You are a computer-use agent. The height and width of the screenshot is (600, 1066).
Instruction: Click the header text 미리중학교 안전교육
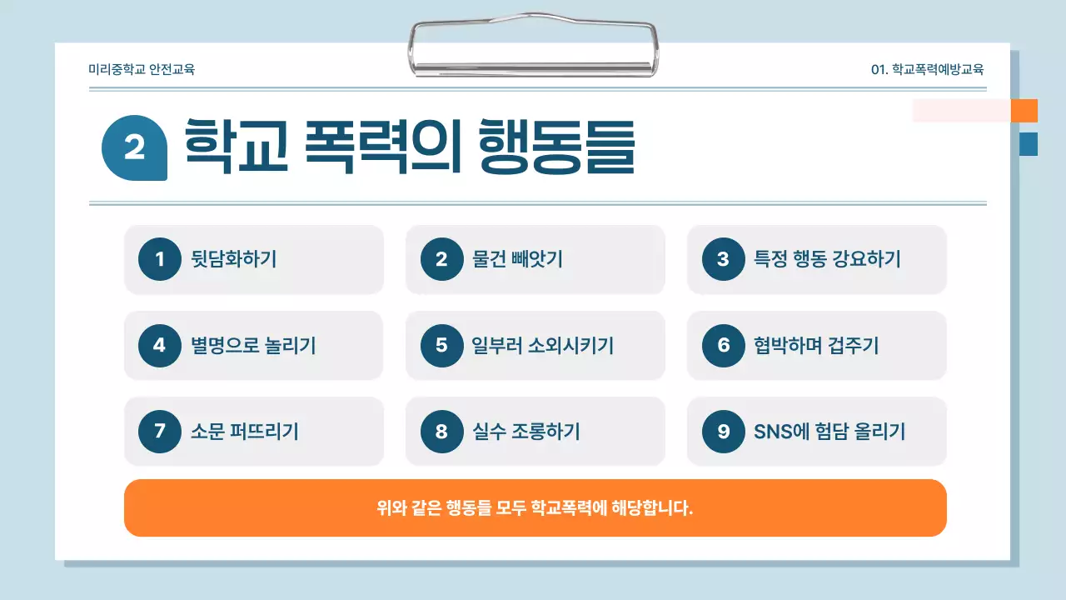142,70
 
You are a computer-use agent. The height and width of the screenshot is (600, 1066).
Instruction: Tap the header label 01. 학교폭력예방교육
927,70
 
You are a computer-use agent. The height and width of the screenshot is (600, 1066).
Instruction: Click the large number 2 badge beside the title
134,147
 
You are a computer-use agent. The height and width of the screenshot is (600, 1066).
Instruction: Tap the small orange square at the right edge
1024,111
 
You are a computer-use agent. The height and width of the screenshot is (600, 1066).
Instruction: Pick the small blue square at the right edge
1029,144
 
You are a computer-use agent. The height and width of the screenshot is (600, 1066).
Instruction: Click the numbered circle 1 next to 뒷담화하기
160,259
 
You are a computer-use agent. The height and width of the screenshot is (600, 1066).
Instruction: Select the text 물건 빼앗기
517,259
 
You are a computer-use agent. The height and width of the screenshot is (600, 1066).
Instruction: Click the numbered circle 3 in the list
723,259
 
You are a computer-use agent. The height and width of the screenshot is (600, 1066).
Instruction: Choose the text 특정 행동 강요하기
827,259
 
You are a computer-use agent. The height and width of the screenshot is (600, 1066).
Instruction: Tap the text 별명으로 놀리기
253,345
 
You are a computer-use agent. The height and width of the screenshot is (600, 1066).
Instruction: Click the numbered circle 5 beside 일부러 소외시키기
441,345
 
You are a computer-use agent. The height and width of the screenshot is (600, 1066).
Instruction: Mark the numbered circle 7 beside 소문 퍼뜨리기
160,431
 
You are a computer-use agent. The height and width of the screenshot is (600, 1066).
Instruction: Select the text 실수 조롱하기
526,431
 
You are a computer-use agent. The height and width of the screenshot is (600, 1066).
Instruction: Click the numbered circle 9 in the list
723,431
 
